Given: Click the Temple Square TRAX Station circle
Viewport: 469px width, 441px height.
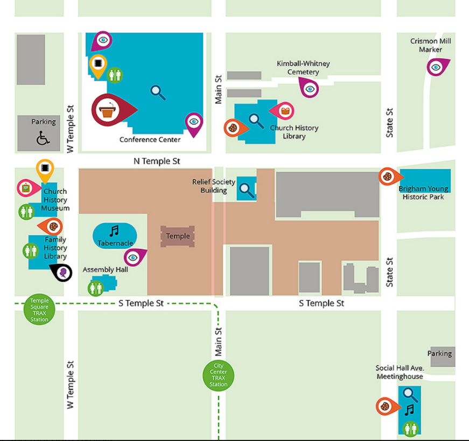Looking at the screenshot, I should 39,310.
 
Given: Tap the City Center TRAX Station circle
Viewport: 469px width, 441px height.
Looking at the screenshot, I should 219,376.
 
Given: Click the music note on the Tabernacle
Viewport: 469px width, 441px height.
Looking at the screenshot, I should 114,231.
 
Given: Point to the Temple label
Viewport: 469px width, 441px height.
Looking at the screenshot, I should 178,236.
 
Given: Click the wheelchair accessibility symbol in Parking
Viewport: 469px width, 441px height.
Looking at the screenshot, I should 43,139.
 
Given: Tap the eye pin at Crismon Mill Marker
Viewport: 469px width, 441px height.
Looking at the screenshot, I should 436,67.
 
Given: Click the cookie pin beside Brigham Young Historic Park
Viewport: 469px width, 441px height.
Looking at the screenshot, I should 387,176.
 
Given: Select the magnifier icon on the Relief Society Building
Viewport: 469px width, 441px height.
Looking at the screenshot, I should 247,189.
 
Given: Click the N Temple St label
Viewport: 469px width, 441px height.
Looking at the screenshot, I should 157,161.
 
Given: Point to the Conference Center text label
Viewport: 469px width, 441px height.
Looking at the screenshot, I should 150,139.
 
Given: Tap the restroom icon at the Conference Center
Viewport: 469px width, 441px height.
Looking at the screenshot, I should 115,75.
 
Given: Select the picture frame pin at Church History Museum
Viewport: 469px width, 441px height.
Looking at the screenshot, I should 25,188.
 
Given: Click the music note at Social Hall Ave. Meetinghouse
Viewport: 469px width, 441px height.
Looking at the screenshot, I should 410,410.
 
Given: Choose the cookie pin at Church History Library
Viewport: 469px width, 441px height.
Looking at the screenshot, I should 233,128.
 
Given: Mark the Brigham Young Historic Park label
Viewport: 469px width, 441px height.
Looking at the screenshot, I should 424,193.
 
